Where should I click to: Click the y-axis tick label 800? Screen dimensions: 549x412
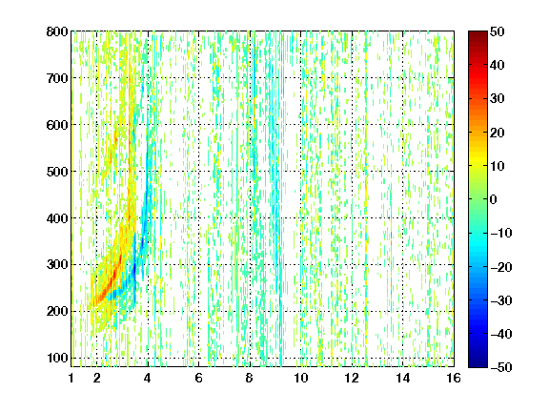coord(57,31)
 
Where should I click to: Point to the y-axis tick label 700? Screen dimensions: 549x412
coord(57,78)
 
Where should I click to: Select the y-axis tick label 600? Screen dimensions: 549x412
coord(57,125)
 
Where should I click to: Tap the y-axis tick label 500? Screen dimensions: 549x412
coord(57,172)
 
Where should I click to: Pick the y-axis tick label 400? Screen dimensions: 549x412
coord(57,218)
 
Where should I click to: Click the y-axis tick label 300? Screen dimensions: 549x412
coord(57,264)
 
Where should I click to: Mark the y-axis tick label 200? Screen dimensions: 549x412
coord(57,311)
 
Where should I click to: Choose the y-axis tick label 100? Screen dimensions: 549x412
coord(57,358)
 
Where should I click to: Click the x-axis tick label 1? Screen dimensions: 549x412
coord(71,378)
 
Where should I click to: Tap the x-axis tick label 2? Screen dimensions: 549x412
coord(97,378)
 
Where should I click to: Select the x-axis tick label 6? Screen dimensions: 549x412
coord(199,378)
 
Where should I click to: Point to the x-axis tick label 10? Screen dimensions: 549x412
coord(301,378)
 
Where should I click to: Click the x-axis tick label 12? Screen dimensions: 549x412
coord(352,378)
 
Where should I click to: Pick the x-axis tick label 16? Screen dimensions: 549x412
coord(454,378)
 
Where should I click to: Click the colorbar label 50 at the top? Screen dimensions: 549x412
coord(497,31)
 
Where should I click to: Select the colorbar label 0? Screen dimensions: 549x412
coord(494,199)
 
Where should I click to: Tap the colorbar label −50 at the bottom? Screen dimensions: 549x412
coord(501,367)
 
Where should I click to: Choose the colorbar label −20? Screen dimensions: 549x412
coord(501,267)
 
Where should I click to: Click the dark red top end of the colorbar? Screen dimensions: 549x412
coord(478,33)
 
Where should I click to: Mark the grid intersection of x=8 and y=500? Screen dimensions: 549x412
coord(250,172)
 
